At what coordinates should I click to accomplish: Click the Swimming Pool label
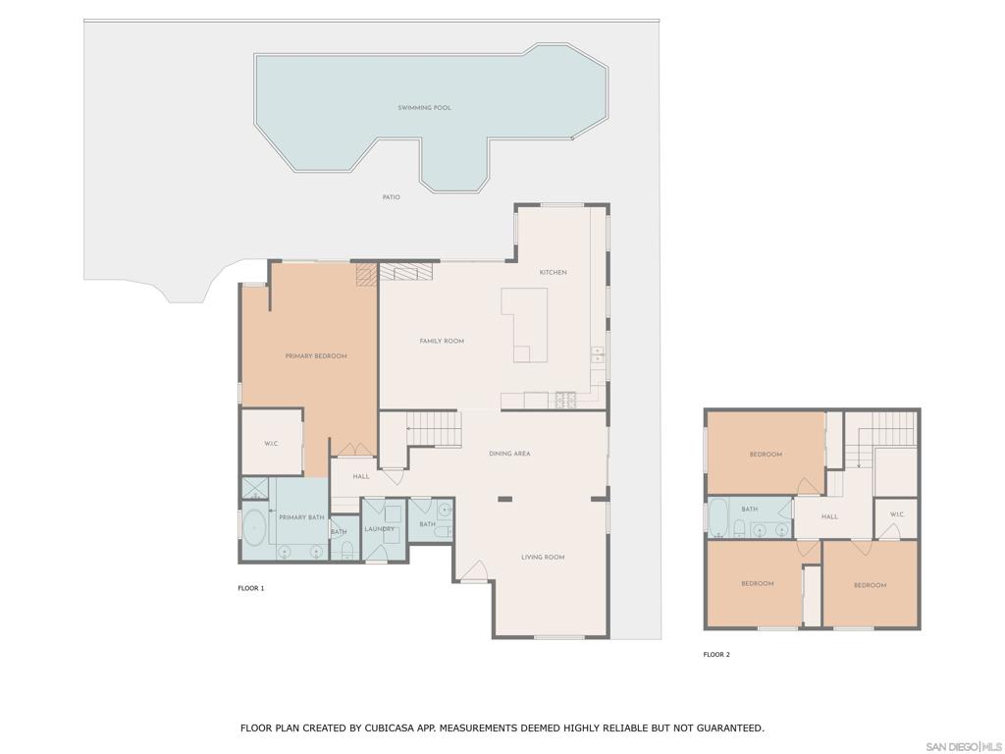click(x=424, y=108)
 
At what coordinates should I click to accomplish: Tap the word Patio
click(x=391, y=196)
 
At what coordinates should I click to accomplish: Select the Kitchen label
click(x=554, y=273)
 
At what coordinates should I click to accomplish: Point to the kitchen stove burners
click(x=566, y=401)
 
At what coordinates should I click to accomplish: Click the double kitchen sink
click(x=598, y=353)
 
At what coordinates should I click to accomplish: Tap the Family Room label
click(x=442, y=341)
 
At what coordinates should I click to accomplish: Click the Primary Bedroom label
click(x=316, y=355)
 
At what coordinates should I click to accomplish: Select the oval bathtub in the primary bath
click(x=254, y=529)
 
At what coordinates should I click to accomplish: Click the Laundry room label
click(x=380, y=529)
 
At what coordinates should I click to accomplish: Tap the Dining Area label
click(x=509, y=454)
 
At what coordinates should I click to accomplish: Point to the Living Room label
click(x=543, y=558)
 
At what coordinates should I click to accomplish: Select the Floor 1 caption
click(x=250, y=588)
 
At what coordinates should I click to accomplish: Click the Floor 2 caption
click(x=716, y=655)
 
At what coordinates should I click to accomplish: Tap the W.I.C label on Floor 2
click(x=897, y=514)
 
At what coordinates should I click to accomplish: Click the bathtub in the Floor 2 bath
click(x=717, y=516)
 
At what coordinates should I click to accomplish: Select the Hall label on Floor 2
click(x=829, y=516)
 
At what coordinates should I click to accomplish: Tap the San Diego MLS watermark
click(x=964, y=747)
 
